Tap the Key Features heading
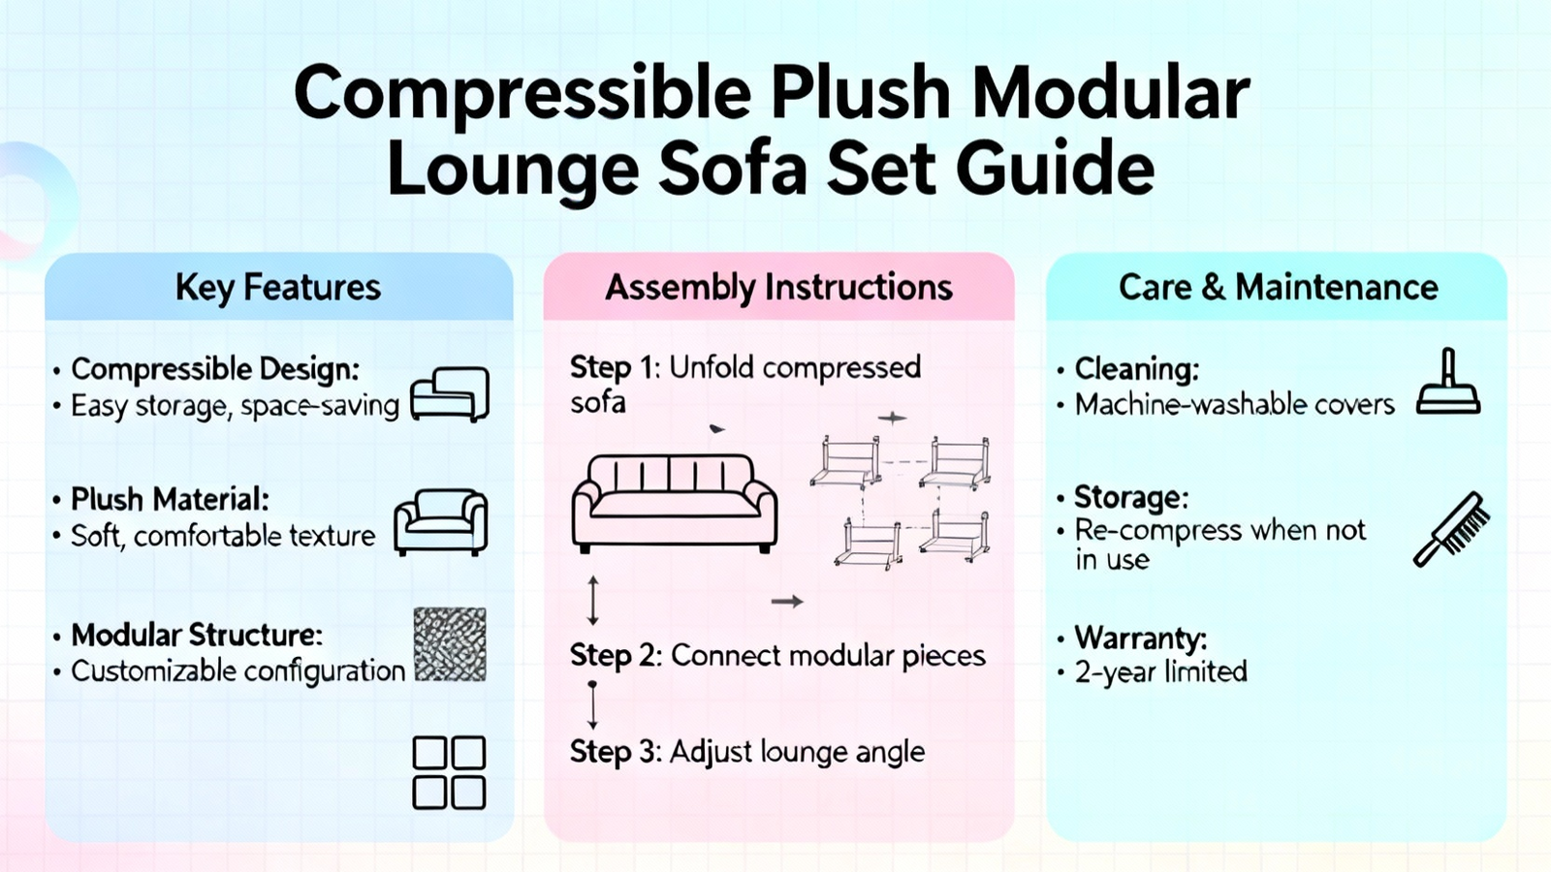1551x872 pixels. click(x=278, y=287)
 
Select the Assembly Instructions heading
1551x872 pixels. click(x=779, y=287)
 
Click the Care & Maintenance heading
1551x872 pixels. click(x=1279, y=287)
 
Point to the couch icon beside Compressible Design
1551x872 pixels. click(x=450, y=394)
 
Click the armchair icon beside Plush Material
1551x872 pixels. click(x=441, y=522)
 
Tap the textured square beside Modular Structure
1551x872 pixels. click(x=450, y=644)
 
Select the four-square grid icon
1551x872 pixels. click(x=450, y=772)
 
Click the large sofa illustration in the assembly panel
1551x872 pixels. click(x=675, y=504)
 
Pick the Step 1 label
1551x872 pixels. click(x=612, y=368)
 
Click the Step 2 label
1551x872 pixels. click(x=612, y=655)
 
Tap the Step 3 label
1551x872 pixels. click(x=612, y=752)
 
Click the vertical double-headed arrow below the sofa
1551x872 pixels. click(x=592, y=600)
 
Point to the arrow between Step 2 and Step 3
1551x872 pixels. click(x=592, y=704)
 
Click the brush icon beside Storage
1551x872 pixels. click(x=1450, y=529)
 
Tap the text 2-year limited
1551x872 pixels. click(x=1160, y=672)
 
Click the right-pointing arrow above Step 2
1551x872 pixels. click(x=787, y=602)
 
